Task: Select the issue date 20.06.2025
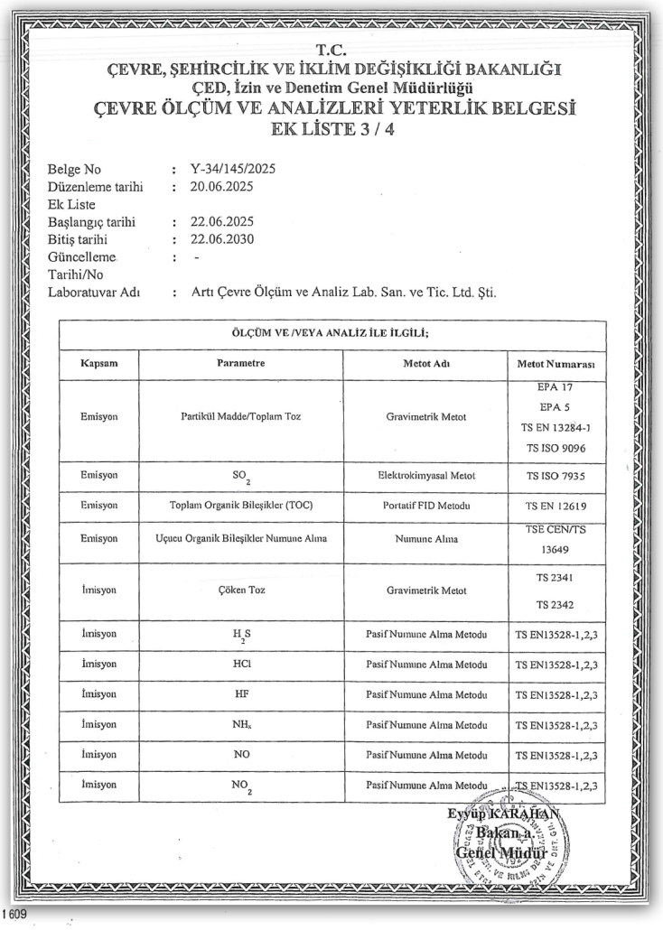(221, 187)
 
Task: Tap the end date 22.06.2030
(221, 239)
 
